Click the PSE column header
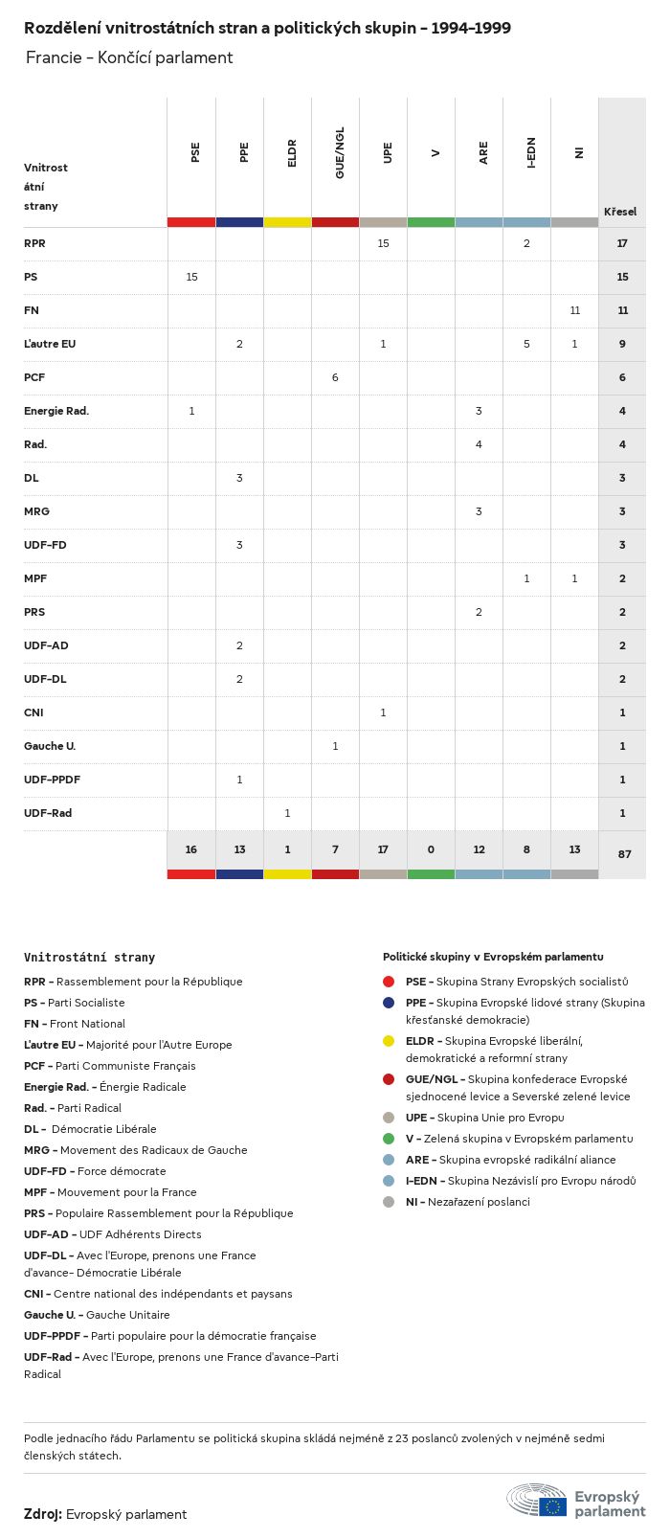point(195,152)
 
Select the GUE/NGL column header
point(340,152)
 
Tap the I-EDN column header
point(531,152)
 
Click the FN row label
point(32,310)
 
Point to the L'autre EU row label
point(50,344)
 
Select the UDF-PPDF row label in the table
point(52,780)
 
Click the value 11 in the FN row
point(574,310)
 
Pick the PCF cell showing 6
point(335,377)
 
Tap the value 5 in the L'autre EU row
point(526,344)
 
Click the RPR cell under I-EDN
point(526,243)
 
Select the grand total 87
point(624,854)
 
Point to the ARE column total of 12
point(479,849)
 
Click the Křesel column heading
point(620,212)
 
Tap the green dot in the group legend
point(389,1139)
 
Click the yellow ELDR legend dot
point(389,1041)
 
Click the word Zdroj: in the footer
point(43,1514)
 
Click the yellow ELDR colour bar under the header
point(287,222)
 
